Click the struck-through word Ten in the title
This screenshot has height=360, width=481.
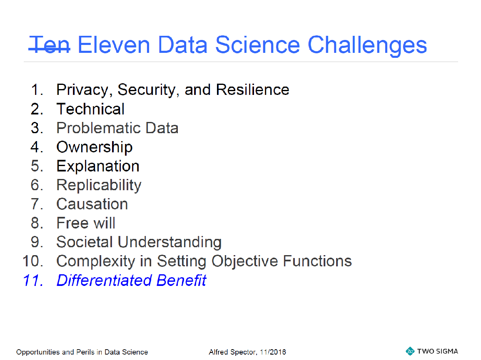[50, 45]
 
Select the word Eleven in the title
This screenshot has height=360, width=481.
[114, 45]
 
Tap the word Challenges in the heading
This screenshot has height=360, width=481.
[367, 46]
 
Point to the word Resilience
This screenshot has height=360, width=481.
[252, 89]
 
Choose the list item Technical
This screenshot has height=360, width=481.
[90, 109]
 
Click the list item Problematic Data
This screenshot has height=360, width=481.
[117, 128]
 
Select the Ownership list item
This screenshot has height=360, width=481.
[95, 147]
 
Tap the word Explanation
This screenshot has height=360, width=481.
[98, 166]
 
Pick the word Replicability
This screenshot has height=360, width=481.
[99, 186]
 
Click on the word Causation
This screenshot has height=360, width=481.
[92, 204]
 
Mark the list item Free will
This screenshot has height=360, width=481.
[86, 223]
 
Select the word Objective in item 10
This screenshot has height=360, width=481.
[244, 261]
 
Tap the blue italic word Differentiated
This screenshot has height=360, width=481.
[104, 280]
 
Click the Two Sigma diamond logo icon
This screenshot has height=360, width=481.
[410, 351]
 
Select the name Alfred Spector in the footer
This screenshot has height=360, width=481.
[232, 352]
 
